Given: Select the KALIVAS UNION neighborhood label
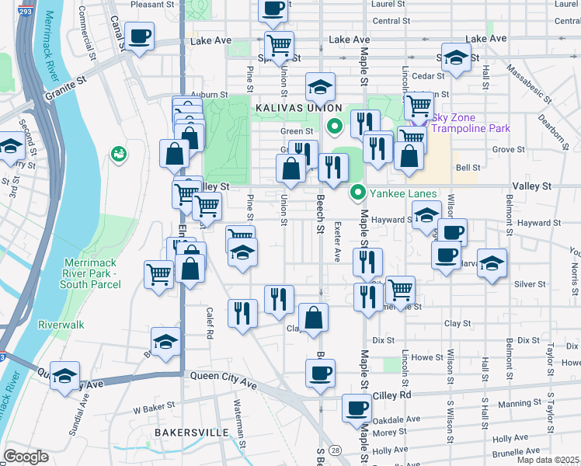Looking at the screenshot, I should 296,107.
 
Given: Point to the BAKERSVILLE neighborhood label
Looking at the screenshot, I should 191,432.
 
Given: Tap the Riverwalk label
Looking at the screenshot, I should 61,324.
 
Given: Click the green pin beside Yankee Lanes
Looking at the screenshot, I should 358,192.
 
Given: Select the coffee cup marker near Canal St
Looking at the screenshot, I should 140,37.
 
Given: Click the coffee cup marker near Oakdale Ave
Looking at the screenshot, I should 357,408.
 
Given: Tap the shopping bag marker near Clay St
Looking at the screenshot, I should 314,318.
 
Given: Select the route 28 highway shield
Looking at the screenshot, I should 335,450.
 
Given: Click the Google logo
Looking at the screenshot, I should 26,457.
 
